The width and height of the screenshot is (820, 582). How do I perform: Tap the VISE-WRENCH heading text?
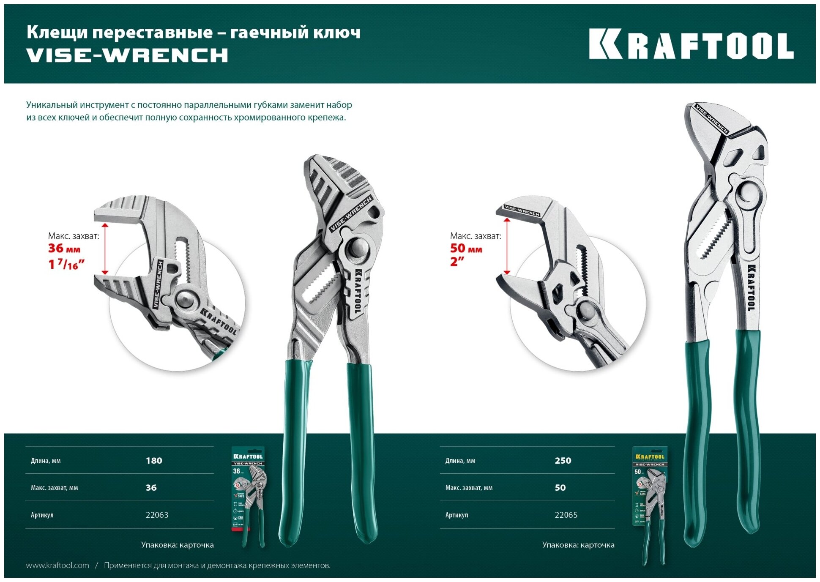tap(127, 55)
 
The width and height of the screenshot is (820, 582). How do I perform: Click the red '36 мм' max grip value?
tap(64, 249)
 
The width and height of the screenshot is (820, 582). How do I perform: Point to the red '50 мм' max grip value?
tap(466, 249)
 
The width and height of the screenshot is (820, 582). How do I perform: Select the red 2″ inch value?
tap(457, 262)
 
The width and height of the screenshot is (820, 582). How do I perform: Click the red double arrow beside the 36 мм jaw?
tap(105, 249)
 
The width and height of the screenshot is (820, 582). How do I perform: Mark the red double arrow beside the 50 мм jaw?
tap(507, 246)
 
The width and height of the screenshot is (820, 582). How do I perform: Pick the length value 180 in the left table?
tap(154, 461)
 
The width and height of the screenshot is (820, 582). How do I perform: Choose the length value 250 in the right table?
tap(563, 461)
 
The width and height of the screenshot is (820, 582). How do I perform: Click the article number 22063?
tap(157, 515)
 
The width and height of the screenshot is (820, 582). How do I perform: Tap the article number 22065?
tap(566, 515)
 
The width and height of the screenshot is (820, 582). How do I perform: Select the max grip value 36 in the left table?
tap(151, 488)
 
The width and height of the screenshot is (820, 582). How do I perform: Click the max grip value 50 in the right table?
tap(560, 488)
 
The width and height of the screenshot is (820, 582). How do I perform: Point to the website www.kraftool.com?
tap(57, 566)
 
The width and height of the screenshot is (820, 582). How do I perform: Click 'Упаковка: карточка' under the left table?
tap(177, 545)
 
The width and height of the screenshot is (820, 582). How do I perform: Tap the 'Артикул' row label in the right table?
tap(456, 515)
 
